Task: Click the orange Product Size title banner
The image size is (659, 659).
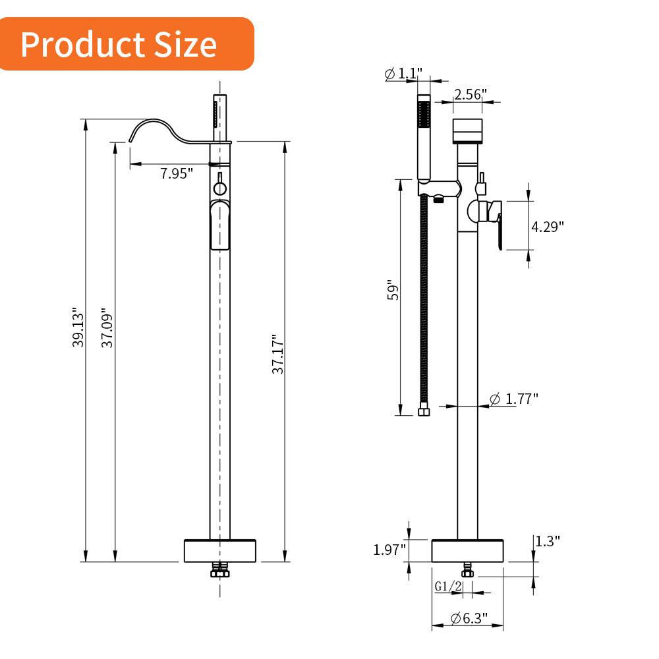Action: point(125,44)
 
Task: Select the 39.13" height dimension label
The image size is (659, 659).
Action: point(78,326)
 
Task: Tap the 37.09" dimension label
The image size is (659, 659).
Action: point(108,327)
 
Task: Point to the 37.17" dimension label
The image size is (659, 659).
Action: point(279,354)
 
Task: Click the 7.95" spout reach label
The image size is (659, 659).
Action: point(177,173)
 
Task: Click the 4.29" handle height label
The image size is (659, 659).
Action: point(548,227)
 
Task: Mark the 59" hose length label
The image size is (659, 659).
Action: point(393,291)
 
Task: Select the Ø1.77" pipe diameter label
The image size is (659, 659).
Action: point(514,398)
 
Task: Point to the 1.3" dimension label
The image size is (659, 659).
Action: point(547,541)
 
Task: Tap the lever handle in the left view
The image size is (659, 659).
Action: point(220,225)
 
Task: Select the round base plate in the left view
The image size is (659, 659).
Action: point(219,550)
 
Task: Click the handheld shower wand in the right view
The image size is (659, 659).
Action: point(424,138)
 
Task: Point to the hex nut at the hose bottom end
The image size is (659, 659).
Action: point(424,412)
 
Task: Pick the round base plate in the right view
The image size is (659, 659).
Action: point(468,550)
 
